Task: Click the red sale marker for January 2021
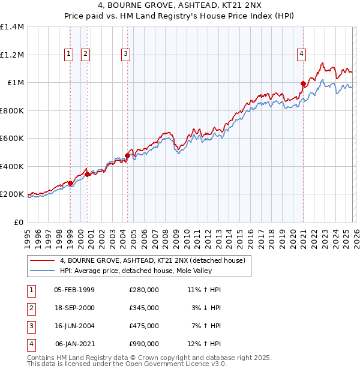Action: tap(303, 84)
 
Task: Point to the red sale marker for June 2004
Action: tap(128, 156)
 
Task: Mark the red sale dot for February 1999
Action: tap(70, 183)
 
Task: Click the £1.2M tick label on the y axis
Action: tap(12, 55)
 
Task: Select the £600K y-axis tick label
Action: tap(12, 139)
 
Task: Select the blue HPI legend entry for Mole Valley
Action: tap(144, 271)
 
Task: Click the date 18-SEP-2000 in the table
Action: tap(74, 308)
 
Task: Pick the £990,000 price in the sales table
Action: tap(143, 344)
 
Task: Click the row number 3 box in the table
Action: tap(29, 326)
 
